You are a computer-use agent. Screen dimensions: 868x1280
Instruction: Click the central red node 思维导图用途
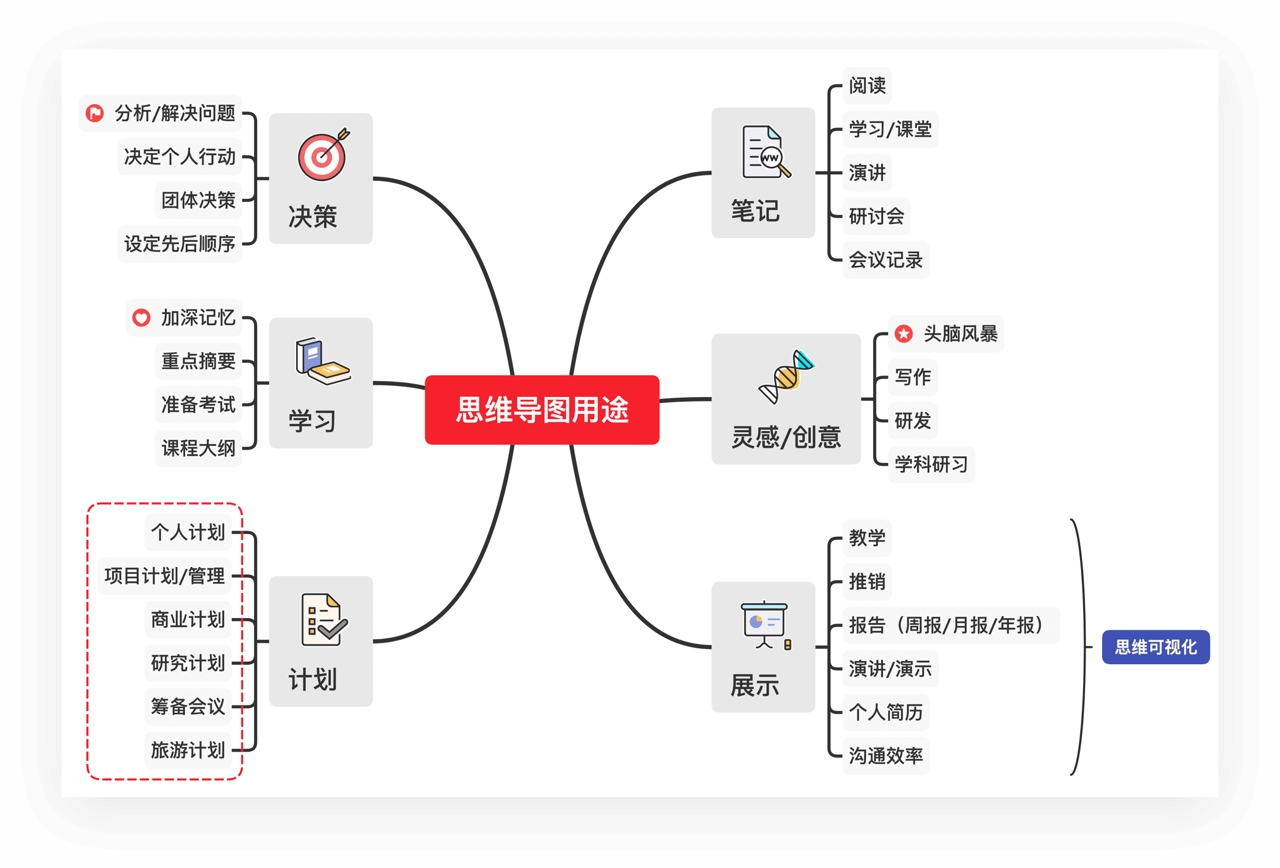click(542, 410)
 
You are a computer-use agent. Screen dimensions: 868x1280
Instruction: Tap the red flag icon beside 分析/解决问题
click(95, 113)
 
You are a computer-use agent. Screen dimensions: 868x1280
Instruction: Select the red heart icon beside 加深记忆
click(142, 318)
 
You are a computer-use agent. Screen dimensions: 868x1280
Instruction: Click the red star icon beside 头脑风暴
click(903, 334)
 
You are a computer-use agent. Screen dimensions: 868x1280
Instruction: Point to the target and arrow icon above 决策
click(323, 155)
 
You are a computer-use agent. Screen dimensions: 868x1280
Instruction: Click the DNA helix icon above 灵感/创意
click(786, 376)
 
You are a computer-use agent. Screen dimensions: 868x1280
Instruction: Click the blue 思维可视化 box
click(1155, 647)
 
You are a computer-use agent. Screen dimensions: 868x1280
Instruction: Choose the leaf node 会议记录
click(886, 260)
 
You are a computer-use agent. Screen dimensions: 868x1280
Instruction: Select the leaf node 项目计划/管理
click(165, 576)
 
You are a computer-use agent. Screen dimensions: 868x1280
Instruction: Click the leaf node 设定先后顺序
click(180, 244)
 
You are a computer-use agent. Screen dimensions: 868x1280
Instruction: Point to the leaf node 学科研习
click(931, 464)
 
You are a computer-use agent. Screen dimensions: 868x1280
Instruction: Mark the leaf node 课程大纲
click(198, 448)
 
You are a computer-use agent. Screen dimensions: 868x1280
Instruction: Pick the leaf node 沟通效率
click(886, 756)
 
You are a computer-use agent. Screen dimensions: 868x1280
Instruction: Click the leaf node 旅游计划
click(188, 750)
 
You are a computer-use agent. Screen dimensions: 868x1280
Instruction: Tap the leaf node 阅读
click(867, 86)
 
